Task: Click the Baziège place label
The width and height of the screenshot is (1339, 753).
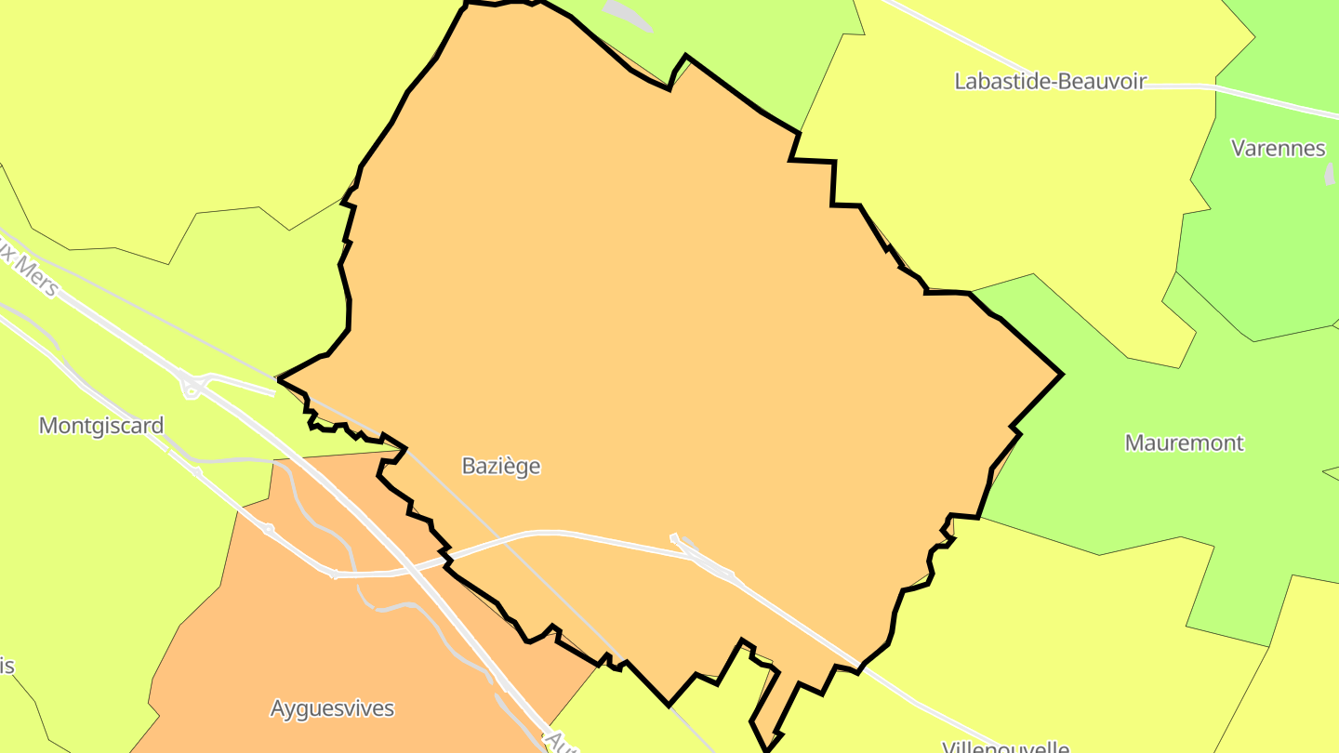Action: coord(500,466)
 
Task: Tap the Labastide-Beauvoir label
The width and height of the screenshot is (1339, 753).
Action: coord(1050,81)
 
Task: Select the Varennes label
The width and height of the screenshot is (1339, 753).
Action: coord(1278,148)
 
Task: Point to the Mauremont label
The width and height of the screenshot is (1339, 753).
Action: coord(1184,443)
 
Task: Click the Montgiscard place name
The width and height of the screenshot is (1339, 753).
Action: coord(101,426)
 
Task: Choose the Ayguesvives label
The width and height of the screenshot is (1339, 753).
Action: coord(332,708)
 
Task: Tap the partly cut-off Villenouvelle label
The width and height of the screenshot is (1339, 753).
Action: coord(1005,746)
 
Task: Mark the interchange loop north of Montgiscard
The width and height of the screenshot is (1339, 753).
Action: coord(192,386)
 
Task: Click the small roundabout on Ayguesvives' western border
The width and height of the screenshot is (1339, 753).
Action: coord(269,529)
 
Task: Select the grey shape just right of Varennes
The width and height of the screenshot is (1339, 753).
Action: coord(1329,174)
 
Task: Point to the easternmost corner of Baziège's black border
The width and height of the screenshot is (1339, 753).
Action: coord(1061,375)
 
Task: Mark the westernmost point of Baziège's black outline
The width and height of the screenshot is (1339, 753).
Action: coord(280,379)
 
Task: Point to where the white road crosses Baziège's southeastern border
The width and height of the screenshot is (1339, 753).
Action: coord(857,667)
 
